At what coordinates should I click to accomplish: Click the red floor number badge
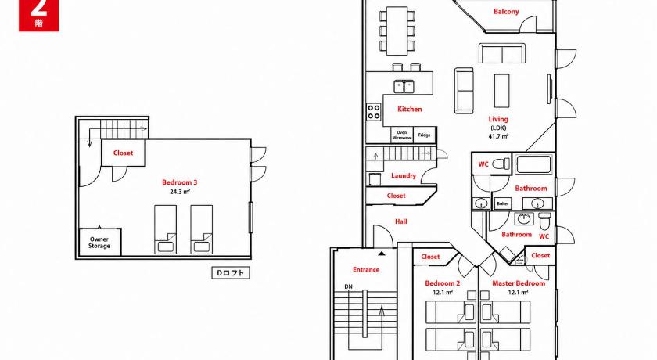[38, 15]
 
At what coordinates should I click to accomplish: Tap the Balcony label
[506, 12]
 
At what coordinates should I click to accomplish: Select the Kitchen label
[409, 109]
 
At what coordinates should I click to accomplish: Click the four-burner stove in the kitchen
[373, 111]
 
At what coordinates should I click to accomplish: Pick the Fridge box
[424, 135]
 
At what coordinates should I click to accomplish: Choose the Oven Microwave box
[402, 135]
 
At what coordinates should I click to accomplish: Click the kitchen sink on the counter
[404, 86]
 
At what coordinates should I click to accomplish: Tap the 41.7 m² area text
[498, 136]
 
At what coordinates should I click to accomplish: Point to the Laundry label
[404, 175]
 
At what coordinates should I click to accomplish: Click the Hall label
[401, 221]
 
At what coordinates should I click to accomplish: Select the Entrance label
[366, 269]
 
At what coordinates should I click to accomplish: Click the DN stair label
[348, 286]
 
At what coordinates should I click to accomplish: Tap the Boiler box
[502, 203]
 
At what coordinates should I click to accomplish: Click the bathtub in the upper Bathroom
[533, 164]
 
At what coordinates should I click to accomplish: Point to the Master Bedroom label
[519, 283]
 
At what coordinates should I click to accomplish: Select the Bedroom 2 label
[443, 283]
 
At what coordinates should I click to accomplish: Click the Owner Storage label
[99, 243]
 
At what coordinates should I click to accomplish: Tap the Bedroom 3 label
[179, 182]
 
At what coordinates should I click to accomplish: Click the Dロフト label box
[231, 273]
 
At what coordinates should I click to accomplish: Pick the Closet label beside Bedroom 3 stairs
[124, 153]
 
